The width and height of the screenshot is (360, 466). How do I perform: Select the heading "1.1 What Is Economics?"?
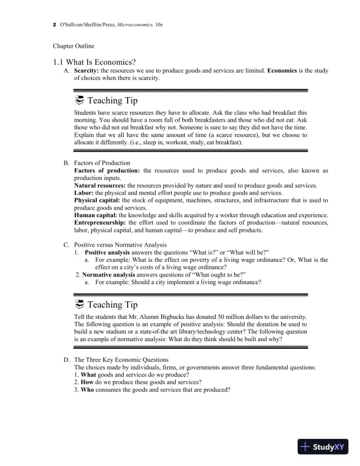(94, 61)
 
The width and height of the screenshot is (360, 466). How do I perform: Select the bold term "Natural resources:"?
(100, 185)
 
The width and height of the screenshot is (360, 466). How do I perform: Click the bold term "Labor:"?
(85, 193)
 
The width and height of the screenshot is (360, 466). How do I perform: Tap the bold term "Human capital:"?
(96, 216)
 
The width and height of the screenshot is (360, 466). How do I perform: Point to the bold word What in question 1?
(89, 375)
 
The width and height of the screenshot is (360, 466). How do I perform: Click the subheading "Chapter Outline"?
(74, 45)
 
